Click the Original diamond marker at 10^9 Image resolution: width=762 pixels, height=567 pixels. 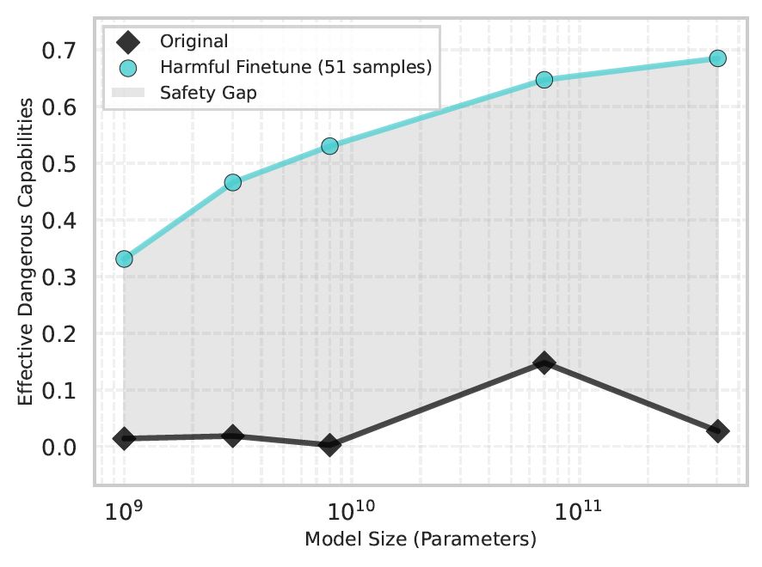[x=124, y=438]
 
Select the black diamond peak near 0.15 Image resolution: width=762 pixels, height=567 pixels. [x=544, y=363]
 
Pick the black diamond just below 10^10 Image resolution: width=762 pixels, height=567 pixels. [x=329, y=444]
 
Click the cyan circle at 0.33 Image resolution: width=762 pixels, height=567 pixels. [x=124, y=259]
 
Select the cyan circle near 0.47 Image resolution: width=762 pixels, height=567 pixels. [x=232, y=182]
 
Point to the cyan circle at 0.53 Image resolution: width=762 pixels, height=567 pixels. [x=329, y=146]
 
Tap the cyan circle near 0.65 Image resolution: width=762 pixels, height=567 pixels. [x=544, y=79]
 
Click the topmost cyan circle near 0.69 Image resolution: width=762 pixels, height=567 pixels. [x=717, y=58]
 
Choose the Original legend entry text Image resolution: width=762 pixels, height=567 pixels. [x=194, y=41]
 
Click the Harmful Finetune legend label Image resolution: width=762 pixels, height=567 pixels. [x=295, y=66]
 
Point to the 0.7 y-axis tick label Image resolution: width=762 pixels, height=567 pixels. [x=59, y=52]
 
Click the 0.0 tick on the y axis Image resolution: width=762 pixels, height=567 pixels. [x=59, y=448]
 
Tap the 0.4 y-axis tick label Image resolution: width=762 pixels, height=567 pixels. [x=59, y=222]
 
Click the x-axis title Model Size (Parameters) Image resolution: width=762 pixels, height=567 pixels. [x=421, y=540]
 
